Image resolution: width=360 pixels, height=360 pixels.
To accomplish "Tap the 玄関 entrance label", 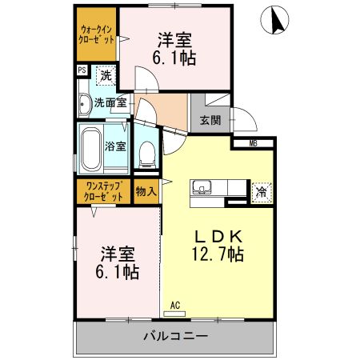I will pyautogui.click(x=210, y=121).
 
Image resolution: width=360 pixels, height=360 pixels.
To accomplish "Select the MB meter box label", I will pyautogui.click(x=253, y=143).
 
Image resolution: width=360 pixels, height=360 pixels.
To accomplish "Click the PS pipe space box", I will pyautogui.click(x=82, y=70).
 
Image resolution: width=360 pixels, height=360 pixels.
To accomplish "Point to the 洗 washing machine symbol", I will pyautogui.click(x=104, y=77).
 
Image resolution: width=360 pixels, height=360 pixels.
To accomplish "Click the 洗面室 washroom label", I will pyautogui.click(x=110, y=102).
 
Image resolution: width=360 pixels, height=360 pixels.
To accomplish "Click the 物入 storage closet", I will pyautogui.click(x=146, y=192).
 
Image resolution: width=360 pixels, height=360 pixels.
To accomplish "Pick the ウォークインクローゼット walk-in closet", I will pyautogui.click(x=96, y=34).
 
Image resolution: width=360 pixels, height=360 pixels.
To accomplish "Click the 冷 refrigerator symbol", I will pyautogui.click(x=260, y=191).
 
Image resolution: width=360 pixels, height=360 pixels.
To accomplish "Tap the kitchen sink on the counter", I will pyautogui.click(x=201, y=189).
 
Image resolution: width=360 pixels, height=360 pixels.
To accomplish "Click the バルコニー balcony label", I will pyautogui.click(x=176, y=336).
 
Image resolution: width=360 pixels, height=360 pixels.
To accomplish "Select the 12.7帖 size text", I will pyautogui.click(x=218, y=254).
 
